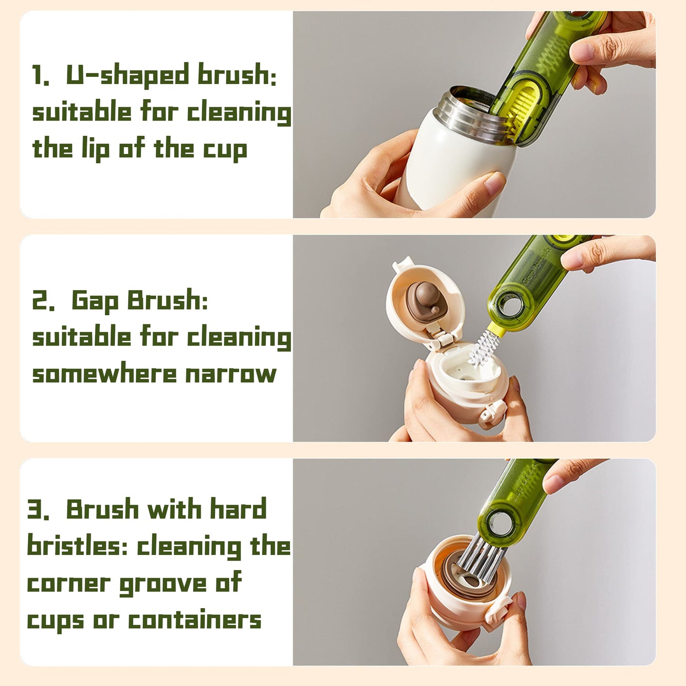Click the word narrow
tap(231, 375)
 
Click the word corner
tap(68, 584)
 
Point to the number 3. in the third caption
tap(38, 509)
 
